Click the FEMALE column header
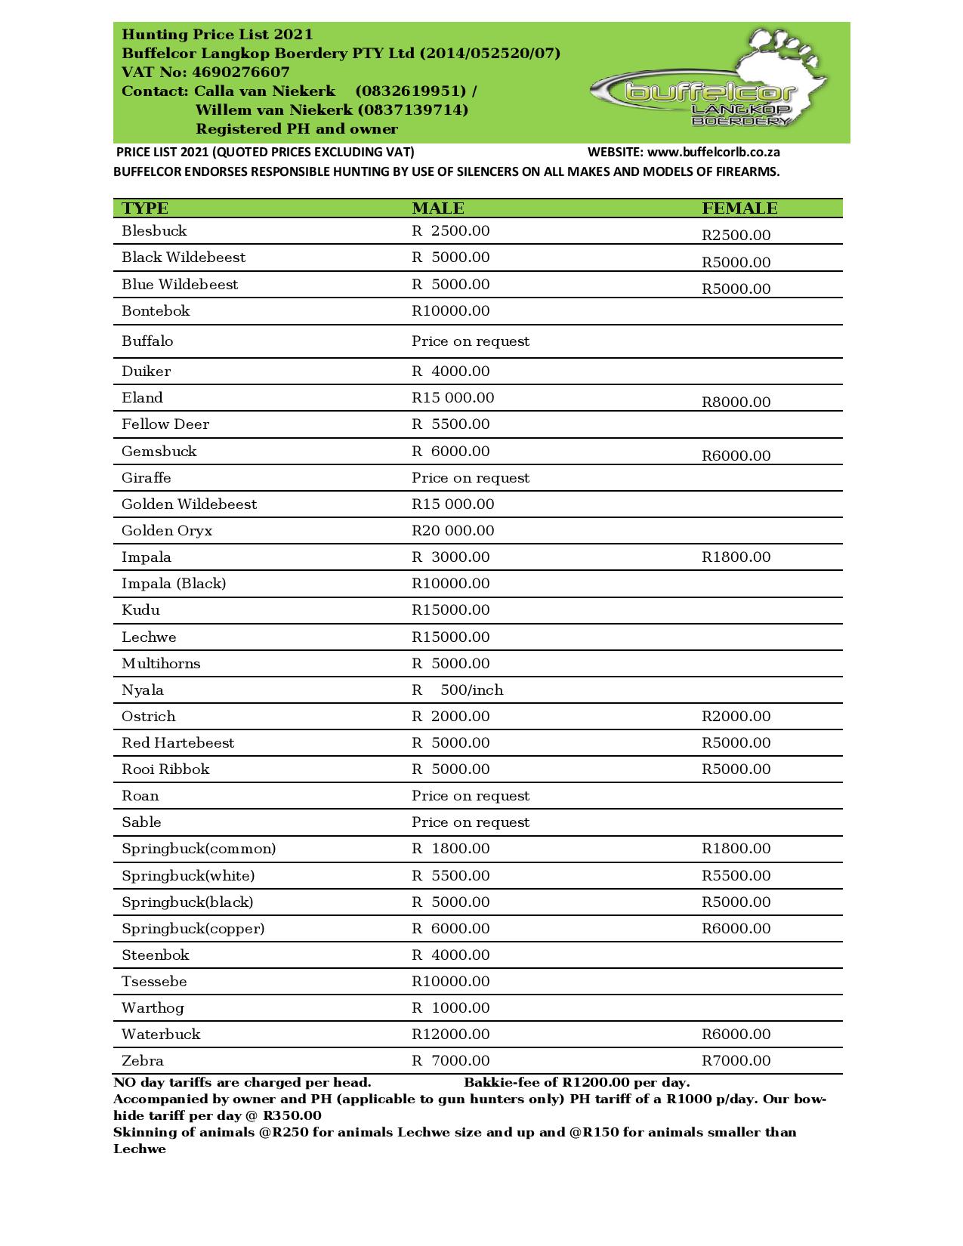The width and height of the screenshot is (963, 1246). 739,208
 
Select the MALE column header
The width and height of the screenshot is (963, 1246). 438,208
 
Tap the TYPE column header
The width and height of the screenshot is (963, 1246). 145,208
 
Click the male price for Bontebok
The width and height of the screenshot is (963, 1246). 450,311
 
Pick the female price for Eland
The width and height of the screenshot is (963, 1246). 736,402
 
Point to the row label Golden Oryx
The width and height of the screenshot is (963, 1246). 167,531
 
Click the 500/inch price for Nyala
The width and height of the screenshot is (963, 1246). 471,690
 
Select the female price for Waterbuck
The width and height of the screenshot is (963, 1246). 736,1035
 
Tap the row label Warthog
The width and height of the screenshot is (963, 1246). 153,1008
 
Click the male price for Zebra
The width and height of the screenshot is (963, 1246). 450,1061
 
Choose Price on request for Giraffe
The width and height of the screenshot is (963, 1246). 470,478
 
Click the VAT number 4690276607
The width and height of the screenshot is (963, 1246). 241,72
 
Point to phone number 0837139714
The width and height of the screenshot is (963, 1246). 412,110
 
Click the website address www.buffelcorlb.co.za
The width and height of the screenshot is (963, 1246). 713,153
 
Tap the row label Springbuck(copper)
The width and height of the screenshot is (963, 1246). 193,929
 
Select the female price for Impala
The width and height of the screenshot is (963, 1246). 736,557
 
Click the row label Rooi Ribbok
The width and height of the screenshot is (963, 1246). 165,769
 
